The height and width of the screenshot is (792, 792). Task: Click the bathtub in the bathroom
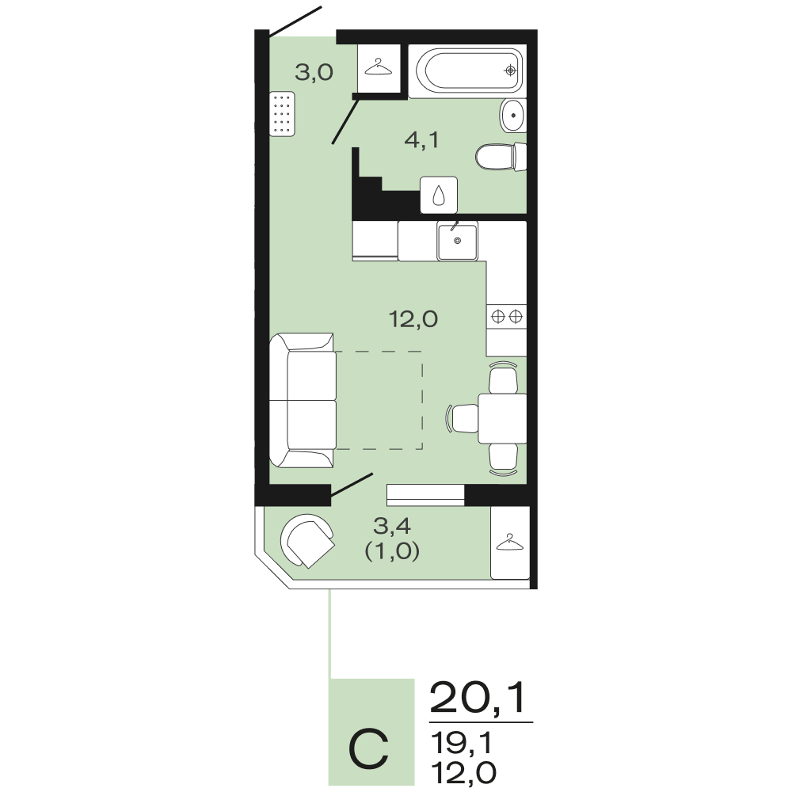467,70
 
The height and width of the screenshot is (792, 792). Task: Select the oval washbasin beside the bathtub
513,116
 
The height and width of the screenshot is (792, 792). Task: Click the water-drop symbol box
439,195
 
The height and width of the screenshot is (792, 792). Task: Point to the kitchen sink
458,241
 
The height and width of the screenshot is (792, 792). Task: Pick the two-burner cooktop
507,317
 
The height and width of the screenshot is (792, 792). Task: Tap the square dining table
503,418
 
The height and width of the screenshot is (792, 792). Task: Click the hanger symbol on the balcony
510,542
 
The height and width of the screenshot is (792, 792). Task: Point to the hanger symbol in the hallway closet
379,67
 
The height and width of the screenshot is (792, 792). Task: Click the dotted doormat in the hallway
282,113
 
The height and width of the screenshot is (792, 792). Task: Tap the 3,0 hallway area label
314,73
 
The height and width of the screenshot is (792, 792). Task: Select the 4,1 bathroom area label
422,140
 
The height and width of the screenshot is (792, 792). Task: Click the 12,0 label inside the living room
413,319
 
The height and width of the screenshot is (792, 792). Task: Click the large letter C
369,748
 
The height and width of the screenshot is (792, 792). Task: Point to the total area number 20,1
478,698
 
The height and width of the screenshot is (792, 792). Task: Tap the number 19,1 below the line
461,744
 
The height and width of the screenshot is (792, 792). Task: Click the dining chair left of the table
463,418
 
